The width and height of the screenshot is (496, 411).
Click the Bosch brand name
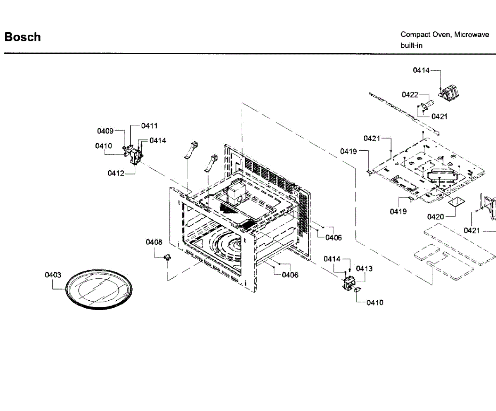click(22, 37)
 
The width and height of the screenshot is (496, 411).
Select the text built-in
click(411, 45)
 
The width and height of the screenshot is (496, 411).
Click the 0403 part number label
click(53, 275)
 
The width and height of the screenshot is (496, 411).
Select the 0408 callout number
click(154, 242)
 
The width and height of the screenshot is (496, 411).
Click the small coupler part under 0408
click(167, 258)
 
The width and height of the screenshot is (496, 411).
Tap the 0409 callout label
click(105, 131)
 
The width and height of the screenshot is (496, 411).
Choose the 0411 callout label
click(149, 126)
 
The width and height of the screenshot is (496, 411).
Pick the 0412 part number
click(116, 173)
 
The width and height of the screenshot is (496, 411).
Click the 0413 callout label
click(364, 268)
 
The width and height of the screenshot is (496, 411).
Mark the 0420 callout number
click(436, 216)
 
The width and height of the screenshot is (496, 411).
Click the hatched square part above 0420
click(457, 202)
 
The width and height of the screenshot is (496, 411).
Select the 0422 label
click(410, 95)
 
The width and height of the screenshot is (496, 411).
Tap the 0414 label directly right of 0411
click(158, 140)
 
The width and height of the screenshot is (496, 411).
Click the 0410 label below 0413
click(375, 302)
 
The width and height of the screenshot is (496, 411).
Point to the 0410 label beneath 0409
click(103, 146)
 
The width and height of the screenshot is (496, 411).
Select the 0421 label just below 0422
click(439, 116)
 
